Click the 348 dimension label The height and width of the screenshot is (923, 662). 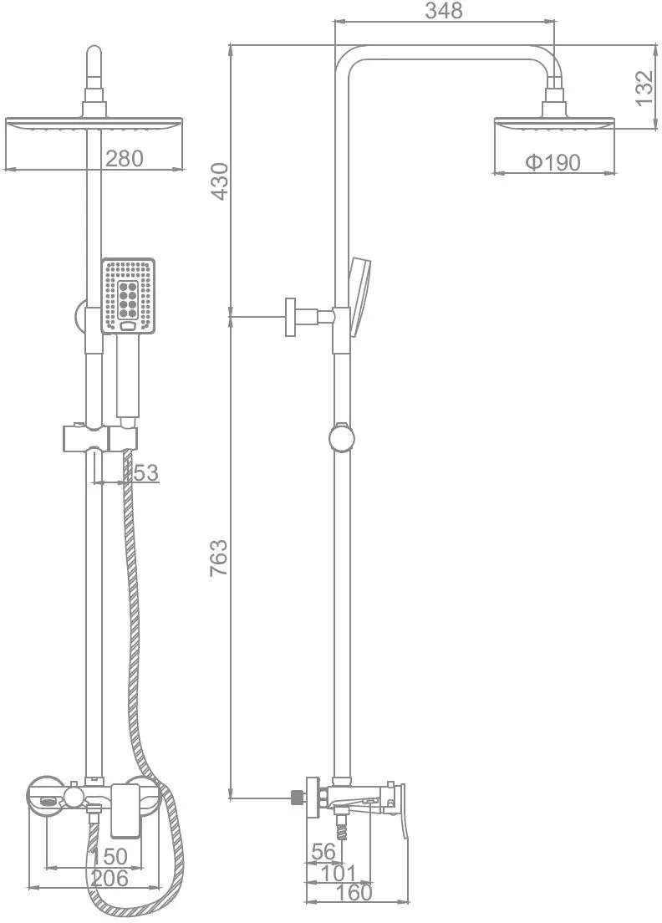coord(444,10)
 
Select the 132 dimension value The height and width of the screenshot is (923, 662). coord(645,88)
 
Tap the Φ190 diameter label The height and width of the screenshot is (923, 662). coord(553,162)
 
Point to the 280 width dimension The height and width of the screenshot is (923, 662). coord(125,158)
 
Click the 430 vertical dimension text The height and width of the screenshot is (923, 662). coord(220,181)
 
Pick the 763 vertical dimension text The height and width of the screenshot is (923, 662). coord(219,558)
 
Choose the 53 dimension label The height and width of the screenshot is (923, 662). coord(146,472)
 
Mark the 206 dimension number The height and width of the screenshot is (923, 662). coord(109,878)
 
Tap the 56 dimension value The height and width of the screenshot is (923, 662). coord(323,851)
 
